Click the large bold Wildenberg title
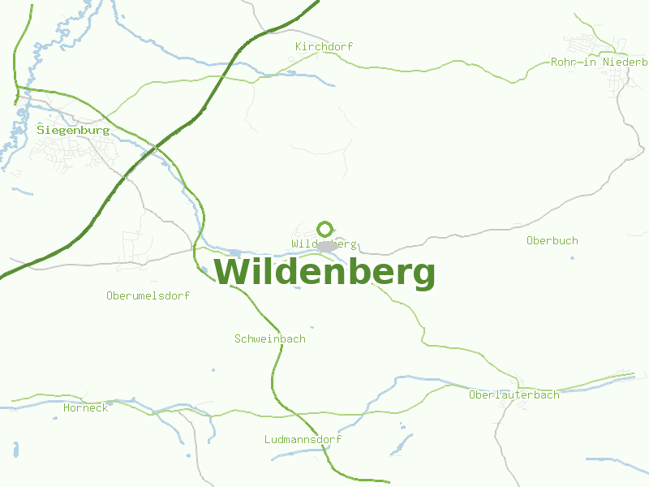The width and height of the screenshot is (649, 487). [325, 273]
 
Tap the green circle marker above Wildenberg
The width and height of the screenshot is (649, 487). [325, 229]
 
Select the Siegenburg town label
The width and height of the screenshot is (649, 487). [73, 130]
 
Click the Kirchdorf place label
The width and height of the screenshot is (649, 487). [324, 47]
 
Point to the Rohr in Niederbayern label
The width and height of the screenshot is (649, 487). [599, 62]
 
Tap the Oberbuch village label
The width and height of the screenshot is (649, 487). [552, 241]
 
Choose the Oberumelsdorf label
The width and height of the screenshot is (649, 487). [148, 296]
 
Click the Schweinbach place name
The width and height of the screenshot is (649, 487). [270, 339]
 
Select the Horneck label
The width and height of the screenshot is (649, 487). [86, 408]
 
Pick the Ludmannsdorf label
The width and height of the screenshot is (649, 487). [303, 440]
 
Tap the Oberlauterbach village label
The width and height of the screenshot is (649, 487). [514, 395]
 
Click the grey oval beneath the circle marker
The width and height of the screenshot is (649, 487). [327, 245]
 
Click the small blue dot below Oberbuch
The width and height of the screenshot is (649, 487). [572, 258]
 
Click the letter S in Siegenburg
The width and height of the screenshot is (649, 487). [41, 130]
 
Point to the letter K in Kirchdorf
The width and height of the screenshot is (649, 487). [299, 47]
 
